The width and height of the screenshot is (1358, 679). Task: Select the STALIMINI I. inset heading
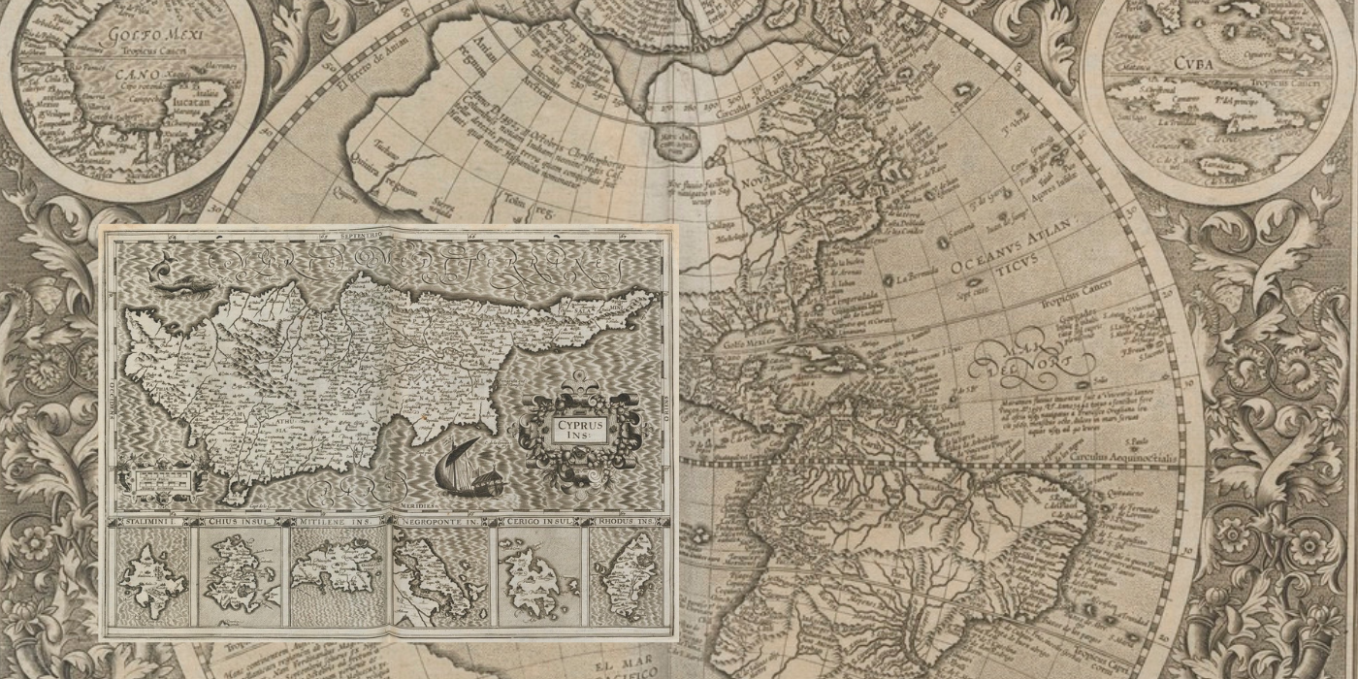pos(150,522)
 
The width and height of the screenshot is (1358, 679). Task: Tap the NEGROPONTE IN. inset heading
pos(441,522)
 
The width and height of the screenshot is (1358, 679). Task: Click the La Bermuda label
pos(917,276)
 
